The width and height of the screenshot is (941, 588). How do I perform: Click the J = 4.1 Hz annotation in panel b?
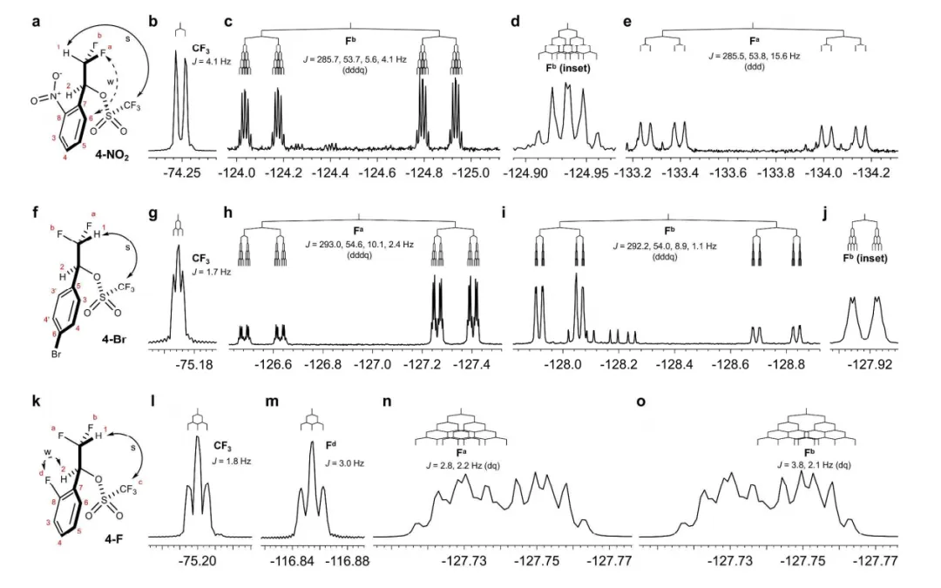[x=206, y=60]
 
